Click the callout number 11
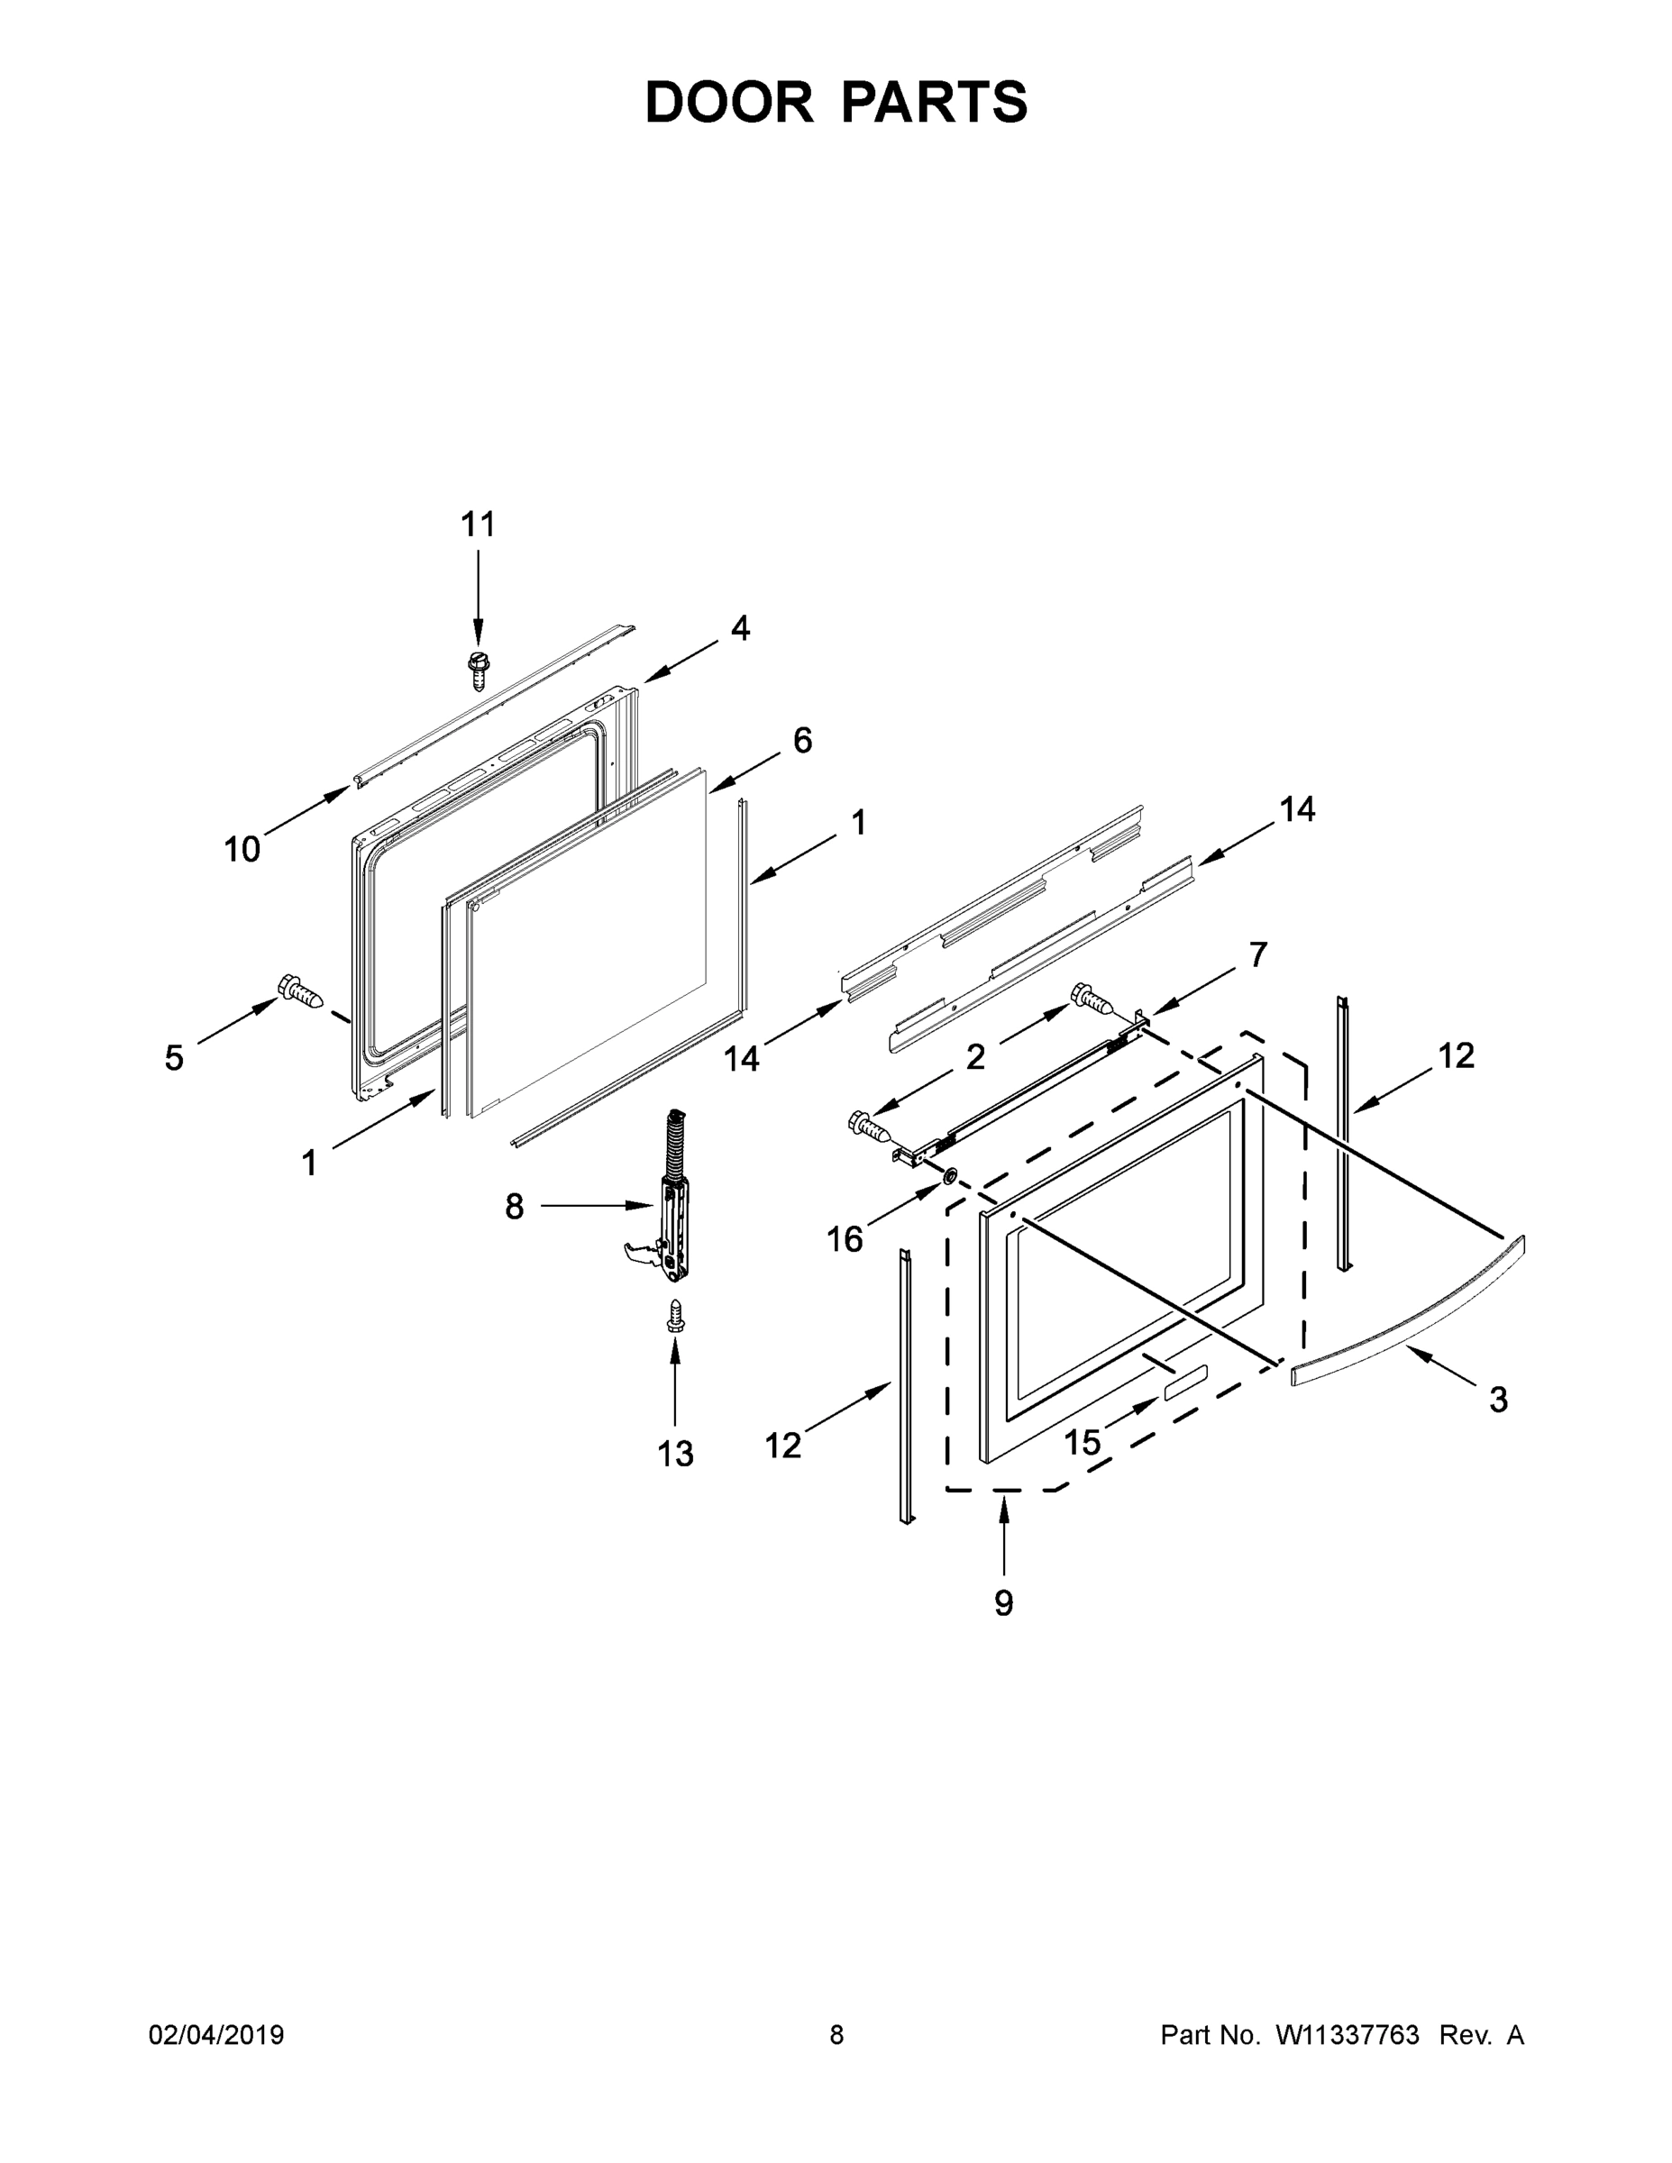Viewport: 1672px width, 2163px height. pos(479,524)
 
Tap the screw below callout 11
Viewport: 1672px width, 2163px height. pos(480,671)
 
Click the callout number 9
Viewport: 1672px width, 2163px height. pos(1003,1602)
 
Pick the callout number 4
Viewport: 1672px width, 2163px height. pos(740,628)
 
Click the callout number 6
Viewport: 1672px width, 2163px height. pos(802,740)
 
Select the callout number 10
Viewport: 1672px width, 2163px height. pos(242,849)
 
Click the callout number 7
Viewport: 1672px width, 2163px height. pos(1257,954)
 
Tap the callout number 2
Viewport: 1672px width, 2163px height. pos(975,1057)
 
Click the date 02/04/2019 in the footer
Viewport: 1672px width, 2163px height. pos(216,2035)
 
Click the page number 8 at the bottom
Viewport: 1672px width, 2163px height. pos(836,2035)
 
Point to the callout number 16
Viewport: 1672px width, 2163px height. pos(845,1239)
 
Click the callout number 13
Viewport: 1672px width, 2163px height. pos(675,1454)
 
